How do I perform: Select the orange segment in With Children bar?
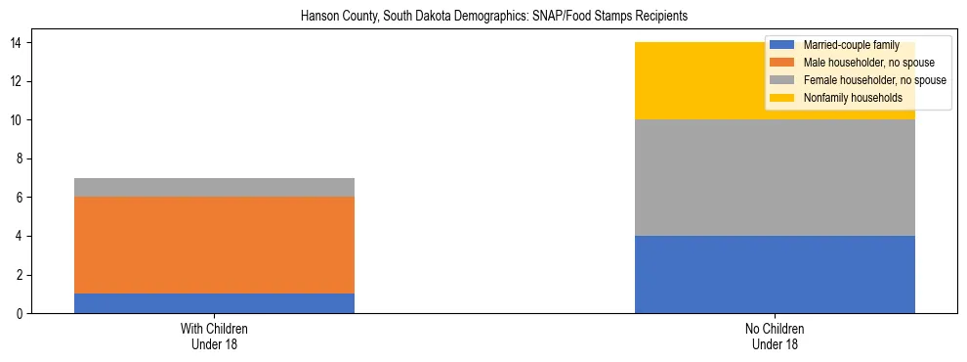coord(214,246)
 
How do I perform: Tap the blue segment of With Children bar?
coord(214,303)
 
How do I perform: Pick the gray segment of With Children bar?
coord(214,188)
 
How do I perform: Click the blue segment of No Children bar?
coord(775,275)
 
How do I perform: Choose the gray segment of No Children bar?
coord(775,178)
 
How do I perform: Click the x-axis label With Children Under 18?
coord(214,337)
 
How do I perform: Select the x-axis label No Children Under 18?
coord(775,337)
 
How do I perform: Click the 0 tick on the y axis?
coord(20,314)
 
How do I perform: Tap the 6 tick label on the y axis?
coord(20,198)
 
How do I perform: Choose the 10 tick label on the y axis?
coord(17,120)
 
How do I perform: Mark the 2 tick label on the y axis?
coord(20,275)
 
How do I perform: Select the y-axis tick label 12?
coord(17,81)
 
